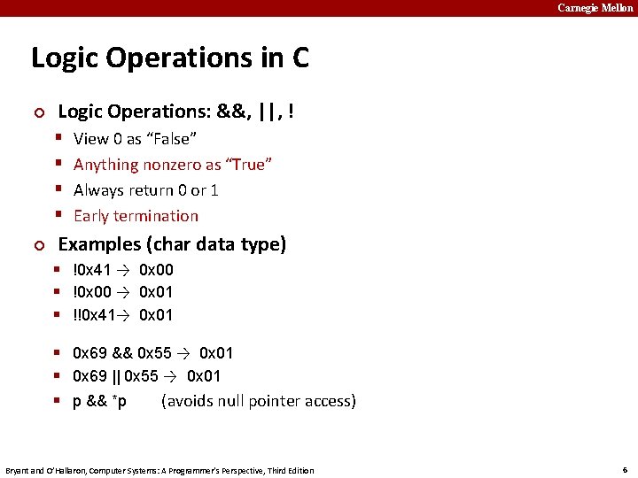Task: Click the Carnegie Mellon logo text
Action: tap(595, 8)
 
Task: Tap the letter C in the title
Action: tap(300, 58)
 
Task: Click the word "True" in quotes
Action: tap(249, 165)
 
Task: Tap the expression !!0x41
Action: tap(93, 315)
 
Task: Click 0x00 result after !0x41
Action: tap(156, 270)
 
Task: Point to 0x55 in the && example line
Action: tap(154, 353)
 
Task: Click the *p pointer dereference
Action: tap(119, 402)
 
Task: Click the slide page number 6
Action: tap(625, 469)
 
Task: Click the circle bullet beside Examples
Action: tap(37, 245)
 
